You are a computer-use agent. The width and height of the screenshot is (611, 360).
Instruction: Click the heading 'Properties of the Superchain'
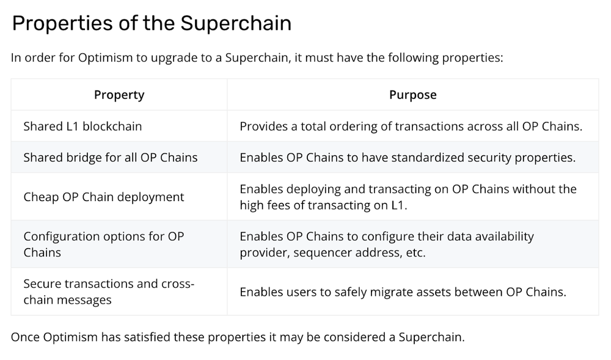152,23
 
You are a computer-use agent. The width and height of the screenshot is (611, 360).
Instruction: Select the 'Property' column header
119,95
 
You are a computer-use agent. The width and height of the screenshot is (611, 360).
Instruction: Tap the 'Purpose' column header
413,95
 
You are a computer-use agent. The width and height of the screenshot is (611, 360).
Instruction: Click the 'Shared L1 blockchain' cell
82,127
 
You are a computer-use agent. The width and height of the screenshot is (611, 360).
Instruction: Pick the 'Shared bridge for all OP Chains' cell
111,158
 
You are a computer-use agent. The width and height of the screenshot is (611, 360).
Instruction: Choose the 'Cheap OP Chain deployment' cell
104,197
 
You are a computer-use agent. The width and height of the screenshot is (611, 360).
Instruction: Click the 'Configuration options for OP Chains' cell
104,244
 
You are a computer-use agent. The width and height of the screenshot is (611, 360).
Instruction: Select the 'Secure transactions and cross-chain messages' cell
109,292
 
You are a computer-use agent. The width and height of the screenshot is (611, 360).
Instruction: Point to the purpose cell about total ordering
411,127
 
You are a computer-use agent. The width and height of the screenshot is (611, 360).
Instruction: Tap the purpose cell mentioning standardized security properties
408,158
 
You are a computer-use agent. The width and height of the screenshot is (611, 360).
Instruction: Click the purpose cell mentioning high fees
408,197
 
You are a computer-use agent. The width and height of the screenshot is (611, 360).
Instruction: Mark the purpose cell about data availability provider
387,244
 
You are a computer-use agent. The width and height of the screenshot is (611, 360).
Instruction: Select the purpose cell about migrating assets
403,292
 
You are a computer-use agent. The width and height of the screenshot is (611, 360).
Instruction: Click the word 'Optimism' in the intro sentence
103,59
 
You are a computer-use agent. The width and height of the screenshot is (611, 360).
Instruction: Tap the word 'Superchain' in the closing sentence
431,337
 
